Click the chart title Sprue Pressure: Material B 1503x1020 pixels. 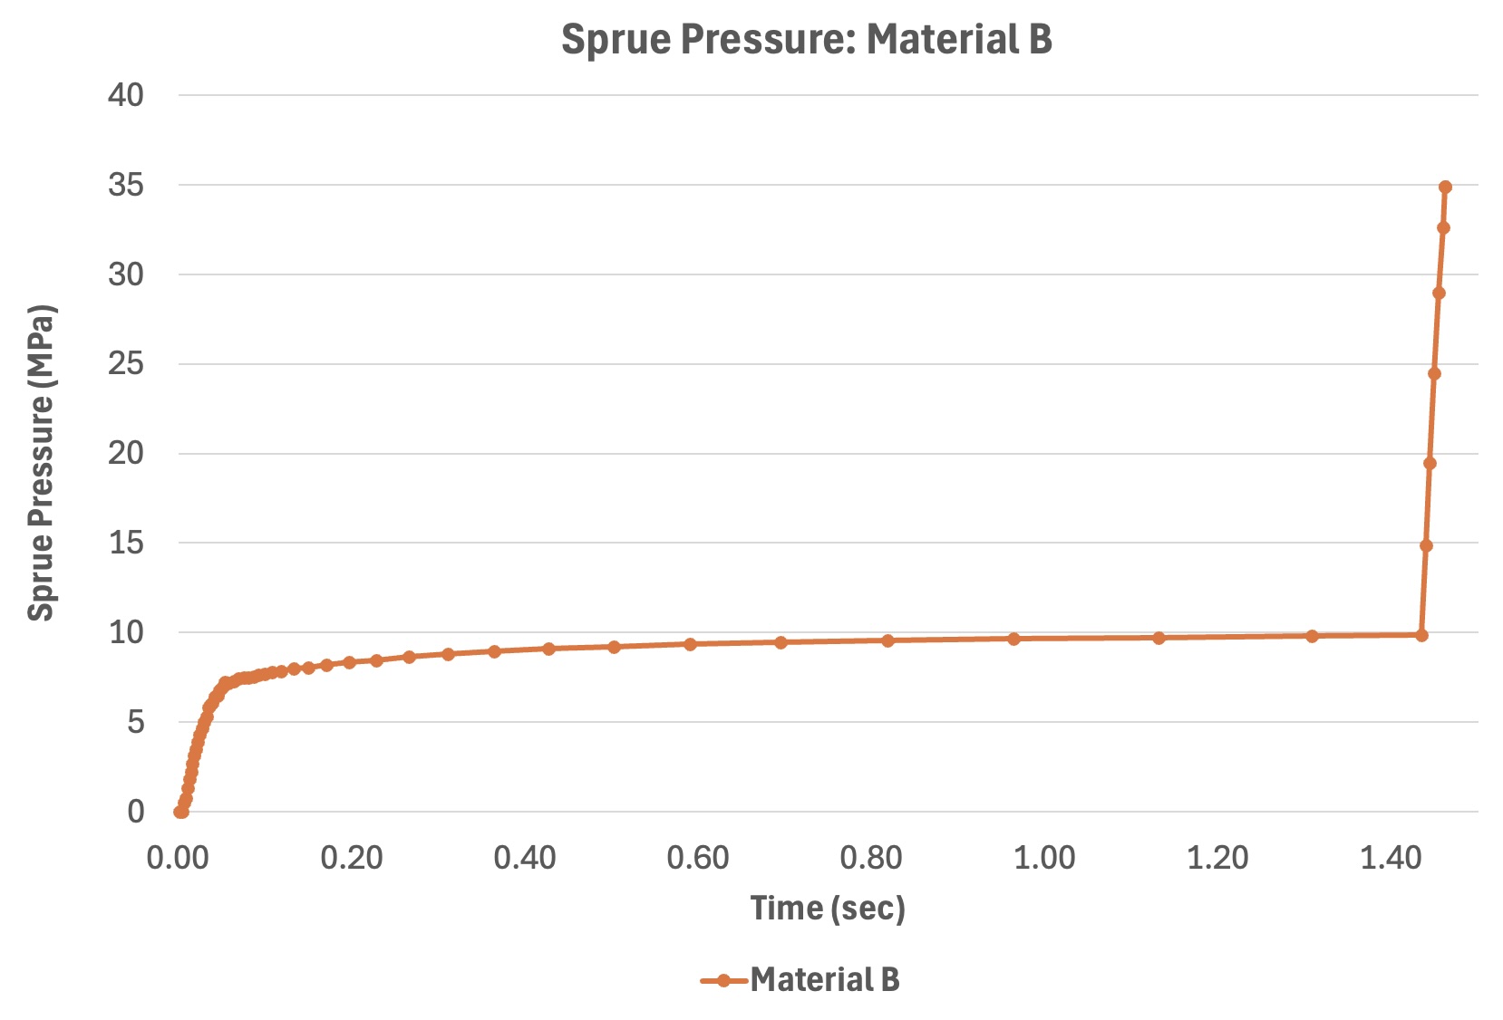[x=806, y=40]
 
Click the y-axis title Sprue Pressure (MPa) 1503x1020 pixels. [x=42, y=463]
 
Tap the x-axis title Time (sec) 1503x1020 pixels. [x=828, y=908]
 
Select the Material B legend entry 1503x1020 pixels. [x=800, y=979]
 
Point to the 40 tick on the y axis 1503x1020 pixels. [x=126, y=95]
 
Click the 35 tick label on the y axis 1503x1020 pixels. [x=126, y=185]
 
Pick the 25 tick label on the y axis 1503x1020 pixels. [x=126, y=364]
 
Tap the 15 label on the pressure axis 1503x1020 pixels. [x=126, y=543]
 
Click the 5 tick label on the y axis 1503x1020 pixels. [x=135, y=722]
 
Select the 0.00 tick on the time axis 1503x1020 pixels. [x=179, y=857]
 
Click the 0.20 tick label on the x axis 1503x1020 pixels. [x=352, y=857]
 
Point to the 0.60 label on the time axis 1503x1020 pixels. [x=698, y=857]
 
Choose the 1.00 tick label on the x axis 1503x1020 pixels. [x=1044, y=857]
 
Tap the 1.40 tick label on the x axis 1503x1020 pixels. [x=1391, y=857]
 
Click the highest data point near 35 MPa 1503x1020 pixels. [x=1445, y=188]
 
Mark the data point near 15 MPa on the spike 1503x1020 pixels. [x=1426, y=545]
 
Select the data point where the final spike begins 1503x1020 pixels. [x=1421, y=635]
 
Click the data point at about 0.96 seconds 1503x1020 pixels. [x=1013, y=639]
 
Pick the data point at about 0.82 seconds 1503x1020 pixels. [x=887, y=640]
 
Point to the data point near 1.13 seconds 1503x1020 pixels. [x=1159, y=638]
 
